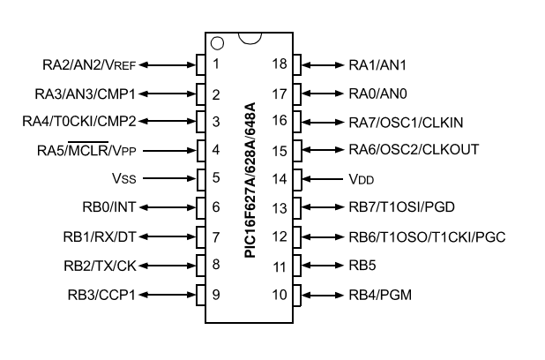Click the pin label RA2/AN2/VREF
[x=89, y=64]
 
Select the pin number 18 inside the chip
[x=280, y=64]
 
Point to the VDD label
[x=362, y=178]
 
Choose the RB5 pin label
[x=363, y=264]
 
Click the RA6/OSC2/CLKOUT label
[x=414, y=150]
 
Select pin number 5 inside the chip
[x=217, y=178]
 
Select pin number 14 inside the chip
[x=280, y=178]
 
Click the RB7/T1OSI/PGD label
[x=401, y=207]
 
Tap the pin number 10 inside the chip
[x=280, y=293]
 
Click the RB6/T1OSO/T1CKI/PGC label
[x=426, y=236]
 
